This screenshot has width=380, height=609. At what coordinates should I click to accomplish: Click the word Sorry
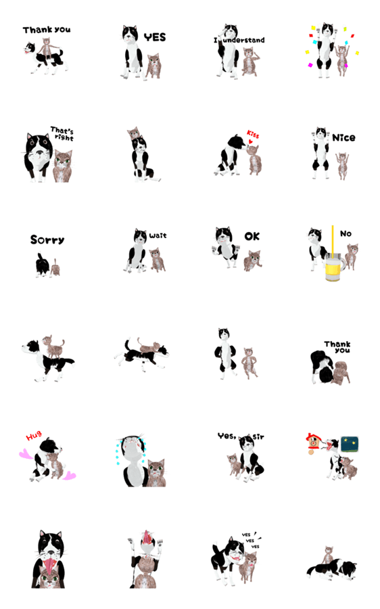click(x=47, y=240)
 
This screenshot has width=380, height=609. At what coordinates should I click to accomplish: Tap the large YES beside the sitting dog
click(x=155, y=37)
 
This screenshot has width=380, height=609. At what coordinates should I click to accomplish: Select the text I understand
click(x=239, y=40)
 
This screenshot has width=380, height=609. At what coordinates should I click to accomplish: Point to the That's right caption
click(x=62, y=133)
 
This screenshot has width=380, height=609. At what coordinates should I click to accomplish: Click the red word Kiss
click(x=253, y=134)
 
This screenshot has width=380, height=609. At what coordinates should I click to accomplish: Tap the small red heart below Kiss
click(x=251, y=141)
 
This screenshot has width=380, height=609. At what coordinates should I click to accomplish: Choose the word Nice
click(x=343, y=137)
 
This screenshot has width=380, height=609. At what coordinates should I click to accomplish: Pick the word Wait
click(x=158, y=235)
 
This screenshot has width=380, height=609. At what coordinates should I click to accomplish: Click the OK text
click(x=252, y=236)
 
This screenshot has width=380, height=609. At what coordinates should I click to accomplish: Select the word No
click(x=346, y=233)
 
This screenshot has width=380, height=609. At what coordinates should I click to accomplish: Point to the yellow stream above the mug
click(x=332, y=240)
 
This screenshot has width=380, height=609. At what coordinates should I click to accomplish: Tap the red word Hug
click(x=34, y=436)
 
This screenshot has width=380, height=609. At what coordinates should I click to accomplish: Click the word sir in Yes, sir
click(x=258, y=437)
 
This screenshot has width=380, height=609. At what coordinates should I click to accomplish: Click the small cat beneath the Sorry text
click(x=55, y=267)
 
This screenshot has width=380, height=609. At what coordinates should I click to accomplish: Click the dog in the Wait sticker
click(x=136, y=250)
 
